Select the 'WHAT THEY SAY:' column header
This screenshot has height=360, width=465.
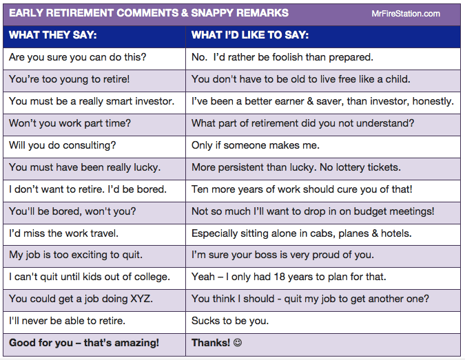coord(53,35)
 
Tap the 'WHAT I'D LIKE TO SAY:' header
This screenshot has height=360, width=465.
coord(249,35)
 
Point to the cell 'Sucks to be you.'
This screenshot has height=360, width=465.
coord(229,321)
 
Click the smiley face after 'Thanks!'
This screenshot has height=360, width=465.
coord(238,343)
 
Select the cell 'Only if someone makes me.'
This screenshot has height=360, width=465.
coord(256,145)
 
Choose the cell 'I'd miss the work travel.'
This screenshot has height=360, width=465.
coord(64,233)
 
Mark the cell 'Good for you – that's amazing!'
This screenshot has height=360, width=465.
coord(84,343)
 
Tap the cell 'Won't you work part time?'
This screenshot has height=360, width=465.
coord(70,124)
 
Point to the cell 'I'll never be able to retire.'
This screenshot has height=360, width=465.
coord(68,321)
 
